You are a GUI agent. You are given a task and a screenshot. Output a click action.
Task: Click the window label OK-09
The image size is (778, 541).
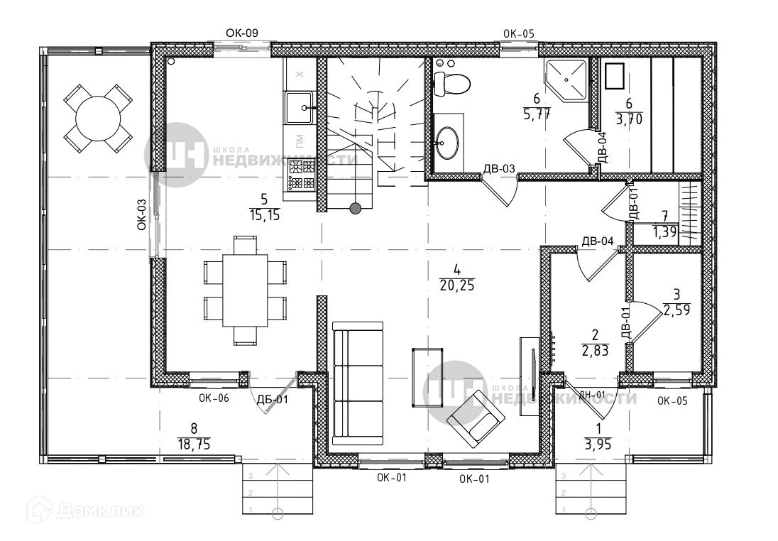tap(241, 32)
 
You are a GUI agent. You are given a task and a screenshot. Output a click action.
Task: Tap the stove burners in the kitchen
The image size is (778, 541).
tap(300, 176)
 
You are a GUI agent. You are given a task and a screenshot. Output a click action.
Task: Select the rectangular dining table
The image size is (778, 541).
tap(245, 290)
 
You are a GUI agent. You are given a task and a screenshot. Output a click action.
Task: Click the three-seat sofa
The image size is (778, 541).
tap(358, 383)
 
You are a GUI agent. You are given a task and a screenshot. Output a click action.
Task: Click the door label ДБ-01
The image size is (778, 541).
tap(272, 400)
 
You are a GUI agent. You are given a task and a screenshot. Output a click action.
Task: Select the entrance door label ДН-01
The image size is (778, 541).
tap(591, 395)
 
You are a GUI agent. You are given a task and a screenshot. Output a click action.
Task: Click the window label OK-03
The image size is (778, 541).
tap(141, 214)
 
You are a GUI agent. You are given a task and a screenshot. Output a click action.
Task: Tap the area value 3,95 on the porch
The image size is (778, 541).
tap(598, 445)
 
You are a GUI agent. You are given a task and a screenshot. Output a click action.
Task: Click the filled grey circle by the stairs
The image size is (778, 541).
tap(356, 208)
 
